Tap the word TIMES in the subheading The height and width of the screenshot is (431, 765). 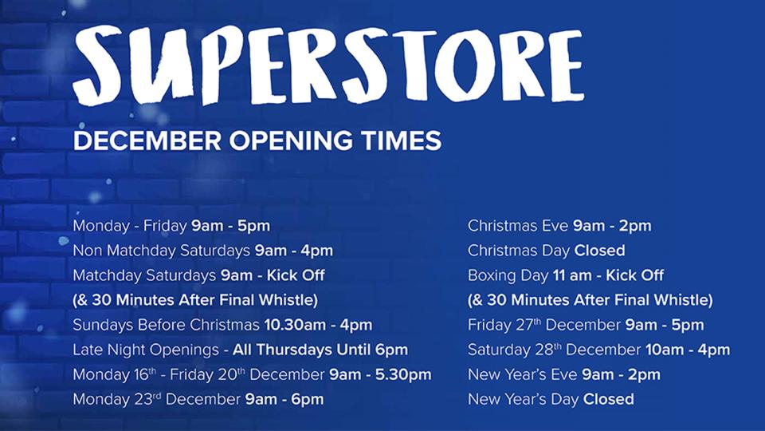(x=403, y=141)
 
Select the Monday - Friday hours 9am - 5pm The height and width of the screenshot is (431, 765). (x=230, y=226)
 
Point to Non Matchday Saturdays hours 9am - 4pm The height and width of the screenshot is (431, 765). (x=293, y=251)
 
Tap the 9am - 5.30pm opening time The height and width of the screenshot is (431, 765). (x=380, y=374)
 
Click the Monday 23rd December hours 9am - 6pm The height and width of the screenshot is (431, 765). (x=284, y=399)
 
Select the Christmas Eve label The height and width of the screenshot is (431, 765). (x=518, y=226)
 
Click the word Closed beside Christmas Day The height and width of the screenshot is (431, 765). (x=599, y=251)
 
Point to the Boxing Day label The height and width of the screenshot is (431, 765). (x=508, y=275)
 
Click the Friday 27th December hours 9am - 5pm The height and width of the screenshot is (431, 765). (x=665, y=325)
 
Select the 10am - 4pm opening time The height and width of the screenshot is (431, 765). (x=688, y=350)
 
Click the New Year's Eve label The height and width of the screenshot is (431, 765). (x=522, y=374)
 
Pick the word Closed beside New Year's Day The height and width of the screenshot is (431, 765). (x=608, y=399)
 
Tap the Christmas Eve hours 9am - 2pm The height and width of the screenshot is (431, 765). (x=612, y=226)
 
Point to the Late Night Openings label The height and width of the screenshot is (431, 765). (x=145, y=350)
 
